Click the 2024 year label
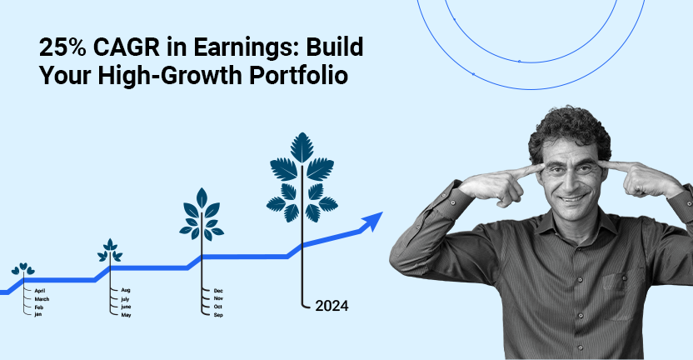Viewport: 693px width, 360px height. click(x=332, y=306)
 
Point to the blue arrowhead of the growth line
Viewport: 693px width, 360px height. click(x=371, y=220)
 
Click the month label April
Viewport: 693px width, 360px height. click(x=40, y=290)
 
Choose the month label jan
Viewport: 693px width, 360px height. click(x=38, y=314)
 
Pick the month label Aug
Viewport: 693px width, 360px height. click(x=125, y=290)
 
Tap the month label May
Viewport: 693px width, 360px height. click(x=126, y=314)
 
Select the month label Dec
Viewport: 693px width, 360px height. click(x=218, y=290)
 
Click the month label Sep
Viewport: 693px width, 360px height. click(x=218, y=314)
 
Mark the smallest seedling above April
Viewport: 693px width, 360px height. click(x=23, y=270)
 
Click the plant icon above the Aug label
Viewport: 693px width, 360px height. click(x=109, y=250)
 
